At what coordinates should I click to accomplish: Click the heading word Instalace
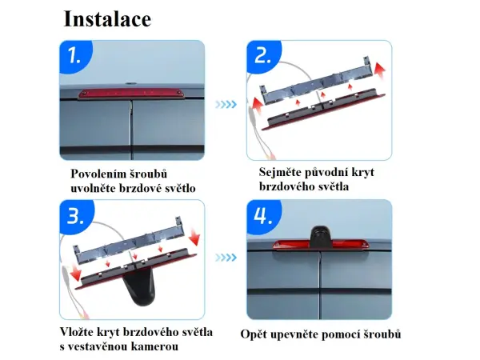(x=106, y=18)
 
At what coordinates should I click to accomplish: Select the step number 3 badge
(x=74, y=217)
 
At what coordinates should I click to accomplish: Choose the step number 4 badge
(x=262, y=217)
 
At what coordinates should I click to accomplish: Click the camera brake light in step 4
(x=318, y=244)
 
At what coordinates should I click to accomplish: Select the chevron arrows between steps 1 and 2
(x=227, y=104)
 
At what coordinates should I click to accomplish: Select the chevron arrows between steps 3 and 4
(x=227, y=258)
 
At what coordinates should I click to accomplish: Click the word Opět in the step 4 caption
(x=254, y=334)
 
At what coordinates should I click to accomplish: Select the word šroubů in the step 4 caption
(x=382, y=334)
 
